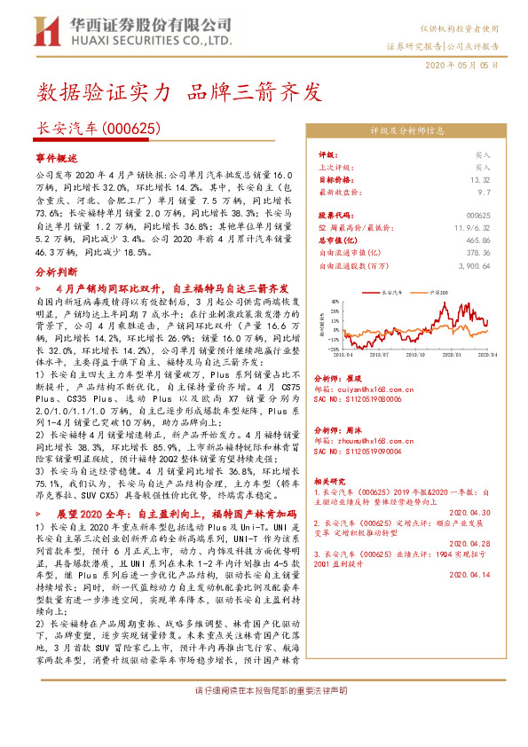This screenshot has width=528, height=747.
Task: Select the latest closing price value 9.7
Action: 484,191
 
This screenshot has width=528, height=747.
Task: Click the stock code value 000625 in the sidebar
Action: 478,216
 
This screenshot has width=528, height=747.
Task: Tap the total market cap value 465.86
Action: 477,240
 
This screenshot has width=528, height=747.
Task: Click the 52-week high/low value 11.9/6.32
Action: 473,228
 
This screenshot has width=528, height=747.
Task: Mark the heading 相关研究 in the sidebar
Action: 333,478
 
